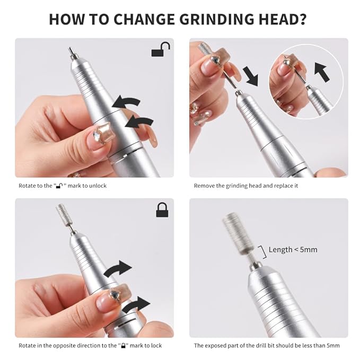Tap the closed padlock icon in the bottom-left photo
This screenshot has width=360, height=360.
click(162, 210)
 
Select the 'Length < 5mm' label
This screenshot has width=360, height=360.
click(293, 249)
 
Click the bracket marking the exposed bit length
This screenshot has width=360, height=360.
click(261, 251)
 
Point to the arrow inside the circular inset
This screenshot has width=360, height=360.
click(322, 72)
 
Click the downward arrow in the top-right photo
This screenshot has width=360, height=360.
click(250, 76)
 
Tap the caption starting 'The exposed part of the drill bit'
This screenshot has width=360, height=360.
click(267, 346)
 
